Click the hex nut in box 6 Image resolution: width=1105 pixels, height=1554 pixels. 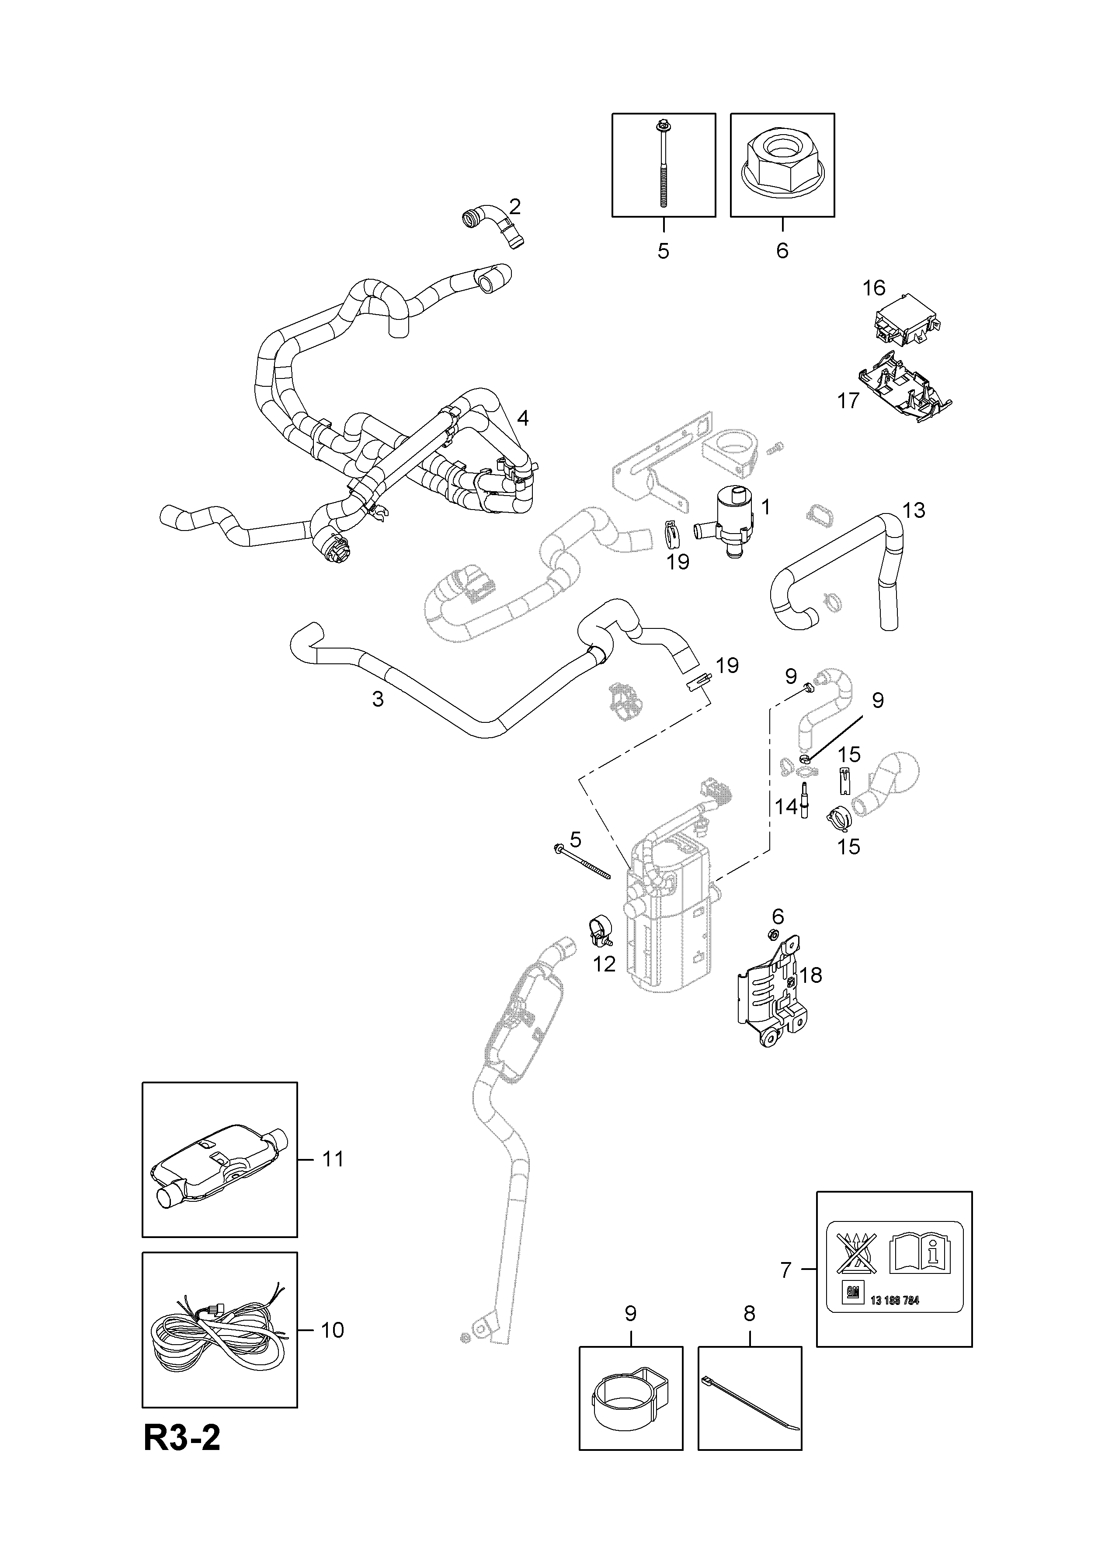click(x=782, y=165)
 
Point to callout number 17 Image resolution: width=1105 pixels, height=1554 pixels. click(x=848, y=401)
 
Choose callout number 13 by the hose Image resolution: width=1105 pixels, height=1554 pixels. click(x=914, y=510)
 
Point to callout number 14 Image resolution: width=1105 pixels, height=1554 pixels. click(x=786, y=807)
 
